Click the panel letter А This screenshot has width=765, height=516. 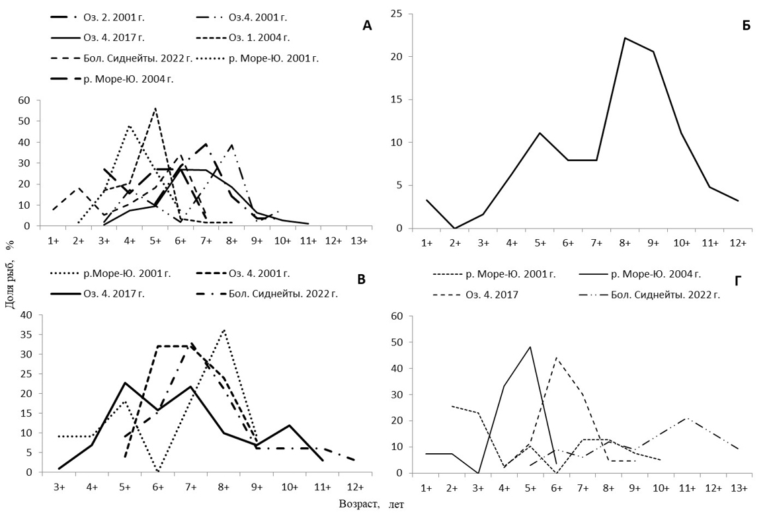[368, 26]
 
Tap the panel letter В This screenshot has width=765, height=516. [361, 279]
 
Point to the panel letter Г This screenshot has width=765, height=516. [738, 281]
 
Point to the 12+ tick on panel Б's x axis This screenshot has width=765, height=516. [739, 243]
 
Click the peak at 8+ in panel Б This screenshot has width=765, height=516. [624, 38]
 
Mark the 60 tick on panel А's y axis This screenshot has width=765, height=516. [25, 100]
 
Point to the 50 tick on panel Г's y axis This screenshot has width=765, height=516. [398, 342]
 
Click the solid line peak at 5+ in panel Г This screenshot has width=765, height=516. [530, 347]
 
